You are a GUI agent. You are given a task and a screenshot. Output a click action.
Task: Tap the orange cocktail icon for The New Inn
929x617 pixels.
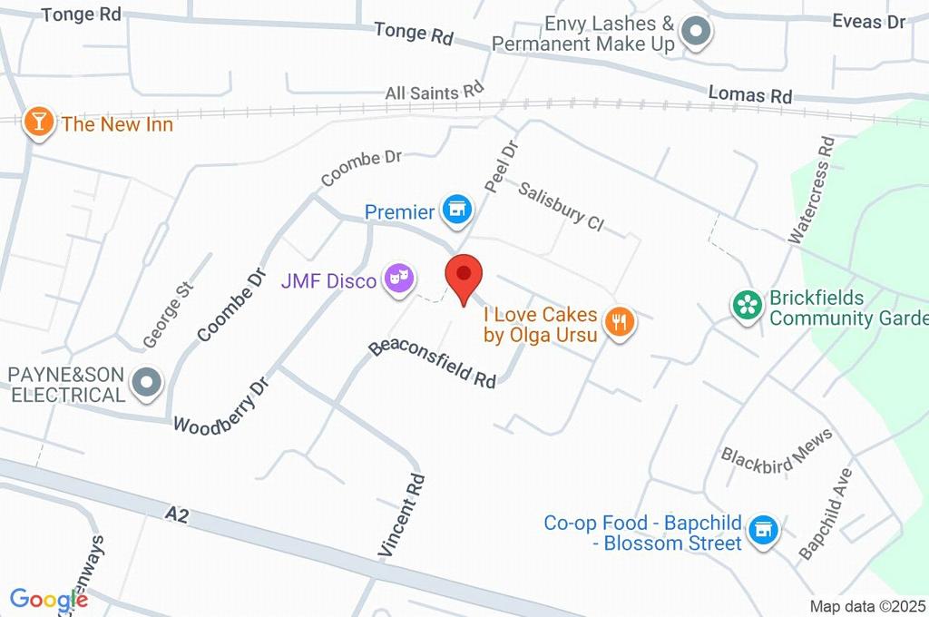click(38, 122)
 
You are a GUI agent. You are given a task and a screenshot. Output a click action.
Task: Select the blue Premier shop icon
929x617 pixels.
click(456, 211)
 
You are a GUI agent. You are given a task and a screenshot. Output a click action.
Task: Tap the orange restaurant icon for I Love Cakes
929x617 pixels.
click(620, 320)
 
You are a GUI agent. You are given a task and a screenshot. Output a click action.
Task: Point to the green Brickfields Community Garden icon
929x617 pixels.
click(748, 305)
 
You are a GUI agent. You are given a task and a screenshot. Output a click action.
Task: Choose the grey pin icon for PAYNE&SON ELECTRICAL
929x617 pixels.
click(145, 384)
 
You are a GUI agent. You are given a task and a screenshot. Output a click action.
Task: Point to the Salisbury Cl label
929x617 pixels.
click(561, 206)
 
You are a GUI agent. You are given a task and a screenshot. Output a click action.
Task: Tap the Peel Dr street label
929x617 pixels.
click(500, 164)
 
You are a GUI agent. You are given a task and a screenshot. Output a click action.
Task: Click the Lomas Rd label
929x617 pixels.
click(750, 93)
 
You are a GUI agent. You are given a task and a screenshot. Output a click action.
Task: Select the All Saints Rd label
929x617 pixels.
click(435, 93)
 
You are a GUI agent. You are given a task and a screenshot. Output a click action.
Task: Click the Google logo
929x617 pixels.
click(49, 599)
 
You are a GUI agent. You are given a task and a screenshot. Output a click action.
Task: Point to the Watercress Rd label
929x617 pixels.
click(810, 190)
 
